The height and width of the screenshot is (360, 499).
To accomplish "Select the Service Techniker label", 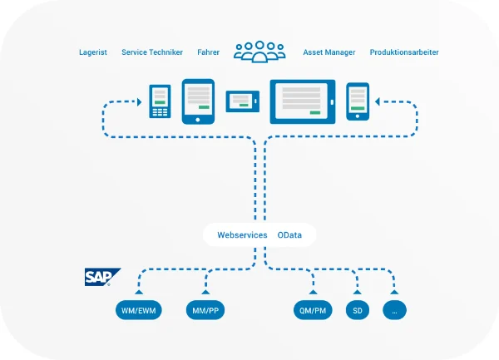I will [152, 52].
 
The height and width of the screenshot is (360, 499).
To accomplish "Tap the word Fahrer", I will [209, 52].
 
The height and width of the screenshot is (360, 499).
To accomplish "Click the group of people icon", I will [259, 52].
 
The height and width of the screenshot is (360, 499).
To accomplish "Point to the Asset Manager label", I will [329, 52].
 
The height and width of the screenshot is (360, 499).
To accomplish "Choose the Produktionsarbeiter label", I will [404, 52].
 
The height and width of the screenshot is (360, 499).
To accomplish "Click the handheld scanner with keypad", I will [160, 101].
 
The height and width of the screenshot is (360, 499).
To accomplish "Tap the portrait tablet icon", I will [198, 101].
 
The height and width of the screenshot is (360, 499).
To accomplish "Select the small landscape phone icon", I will [242, 101].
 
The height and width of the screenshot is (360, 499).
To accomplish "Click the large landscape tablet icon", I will [303, 101].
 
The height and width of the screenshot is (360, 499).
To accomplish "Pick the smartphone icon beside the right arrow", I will [358, 101].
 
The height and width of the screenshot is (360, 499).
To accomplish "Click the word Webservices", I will [242, 235].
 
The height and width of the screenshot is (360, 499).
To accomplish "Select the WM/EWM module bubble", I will [139, 311].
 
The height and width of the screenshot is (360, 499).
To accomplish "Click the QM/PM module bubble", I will [314, 311].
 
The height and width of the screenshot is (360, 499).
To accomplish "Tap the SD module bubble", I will [358, 311].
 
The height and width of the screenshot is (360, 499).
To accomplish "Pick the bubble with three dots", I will [395, 311].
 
